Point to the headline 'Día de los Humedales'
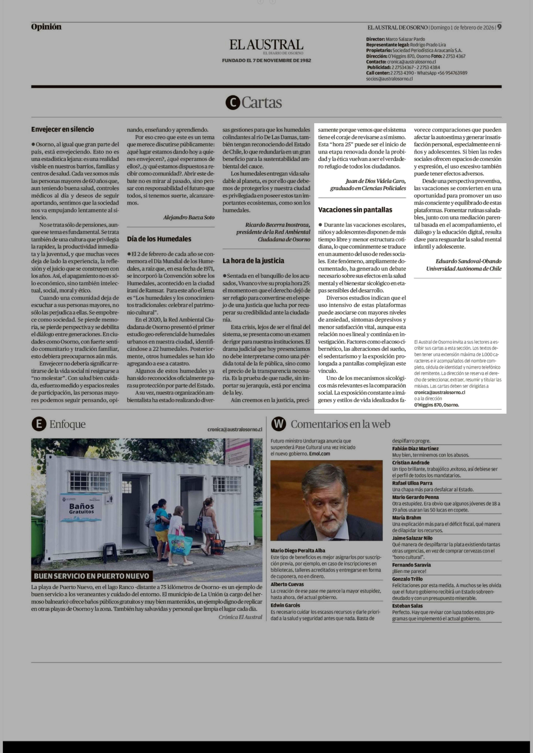click(159, 239)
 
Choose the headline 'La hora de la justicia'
click(253, 261)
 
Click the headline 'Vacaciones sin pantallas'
click(355, 210)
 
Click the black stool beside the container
click(110, 552)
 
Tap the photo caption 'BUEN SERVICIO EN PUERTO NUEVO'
click(92, 576)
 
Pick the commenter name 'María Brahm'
click(406, 518)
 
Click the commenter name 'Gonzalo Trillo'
click(407, 579)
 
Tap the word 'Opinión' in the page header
click(46, 27)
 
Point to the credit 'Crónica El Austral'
click(240, 617)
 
